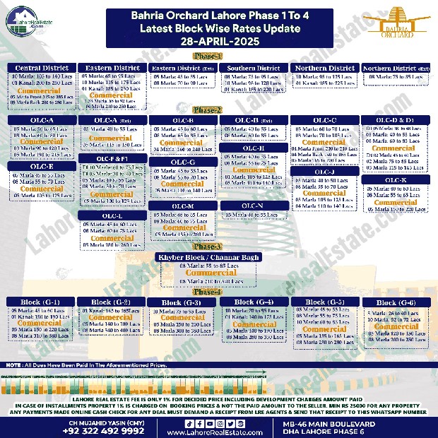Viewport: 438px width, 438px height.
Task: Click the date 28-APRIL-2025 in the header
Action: (x=218, y=42)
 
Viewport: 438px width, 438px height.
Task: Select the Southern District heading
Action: (x=254, y=69)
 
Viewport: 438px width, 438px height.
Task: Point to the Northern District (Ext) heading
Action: (x=396, y=69)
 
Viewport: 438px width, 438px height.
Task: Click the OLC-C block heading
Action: (x=324, y=121)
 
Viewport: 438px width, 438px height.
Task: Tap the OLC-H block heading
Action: (x=253, y=148)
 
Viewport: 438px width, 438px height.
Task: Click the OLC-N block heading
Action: (x=253, y=205)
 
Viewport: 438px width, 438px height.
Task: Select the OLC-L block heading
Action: (x=112, y=215)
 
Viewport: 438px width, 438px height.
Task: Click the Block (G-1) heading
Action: (x=41, y=302)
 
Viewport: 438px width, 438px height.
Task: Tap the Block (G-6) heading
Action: (x=396, y=302)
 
